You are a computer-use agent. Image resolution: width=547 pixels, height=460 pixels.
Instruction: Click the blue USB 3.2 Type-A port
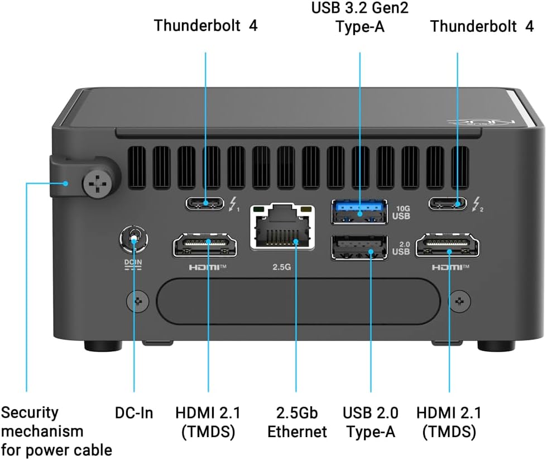coord(359,212)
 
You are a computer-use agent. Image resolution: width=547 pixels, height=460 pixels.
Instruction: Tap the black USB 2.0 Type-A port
coord(359,247)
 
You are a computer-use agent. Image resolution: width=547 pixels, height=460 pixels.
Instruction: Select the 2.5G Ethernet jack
coord(282,228)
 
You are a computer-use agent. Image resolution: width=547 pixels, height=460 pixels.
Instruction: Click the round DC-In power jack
coord(135,241)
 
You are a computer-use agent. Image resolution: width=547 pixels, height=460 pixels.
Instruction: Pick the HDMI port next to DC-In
coord(205,245)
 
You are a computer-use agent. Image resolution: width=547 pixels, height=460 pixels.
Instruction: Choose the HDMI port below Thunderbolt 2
coord(449,245)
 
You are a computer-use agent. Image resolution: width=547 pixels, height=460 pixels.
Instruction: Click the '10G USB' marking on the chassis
coord(402,212)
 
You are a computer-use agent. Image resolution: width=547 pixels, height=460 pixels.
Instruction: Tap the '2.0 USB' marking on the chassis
coord(402,247)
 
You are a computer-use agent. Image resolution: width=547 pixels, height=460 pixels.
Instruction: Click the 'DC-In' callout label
coord(134,414)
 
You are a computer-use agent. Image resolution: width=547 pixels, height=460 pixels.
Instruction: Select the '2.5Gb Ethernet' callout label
coord(296,422)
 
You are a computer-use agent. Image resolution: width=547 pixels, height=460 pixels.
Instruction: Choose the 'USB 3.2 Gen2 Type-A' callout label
coord(359,17)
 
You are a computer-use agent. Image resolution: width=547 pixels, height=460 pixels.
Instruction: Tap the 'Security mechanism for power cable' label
coord(56,431)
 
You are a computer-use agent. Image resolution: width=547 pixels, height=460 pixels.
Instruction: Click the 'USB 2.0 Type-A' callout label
coord(371,422)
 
